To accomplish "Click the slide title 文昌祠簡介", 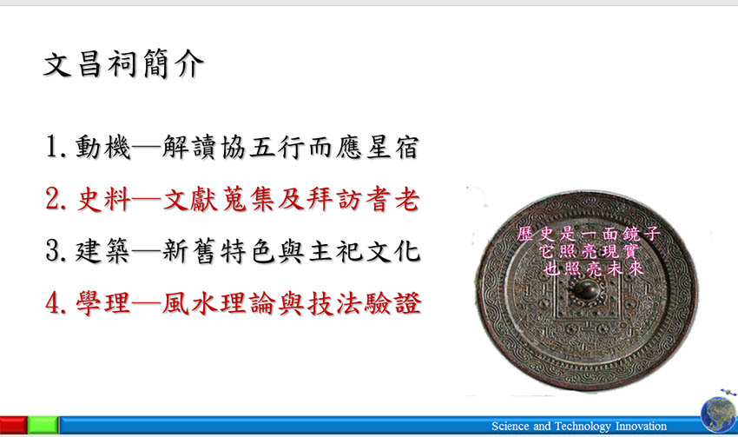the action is coord(124,63).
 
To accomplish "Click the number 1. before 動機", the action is coord(56,147).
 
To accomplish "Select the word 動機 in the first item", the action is coord(102,147).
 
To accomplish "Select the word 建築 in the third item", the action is coord(102,250).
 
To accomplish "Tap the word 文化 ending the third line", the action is coord(392,250).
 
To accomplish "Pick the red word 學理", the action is coord(103,303).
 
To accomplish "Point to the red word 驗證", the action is coord(393,303).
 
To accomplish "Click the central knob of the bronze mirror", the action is coord(585,289).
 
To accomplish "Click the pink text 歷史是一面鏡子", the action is coord(589,234).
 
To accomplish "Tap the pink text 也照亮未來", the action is coord(592,268).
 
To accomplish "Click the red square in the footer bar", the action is coord(13,425).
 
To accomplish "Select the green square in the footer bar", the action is coord(43,425).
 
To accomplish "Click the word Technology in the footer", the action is coord(583,427).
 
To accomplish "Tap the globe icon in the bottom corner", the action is coord(719,414).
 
